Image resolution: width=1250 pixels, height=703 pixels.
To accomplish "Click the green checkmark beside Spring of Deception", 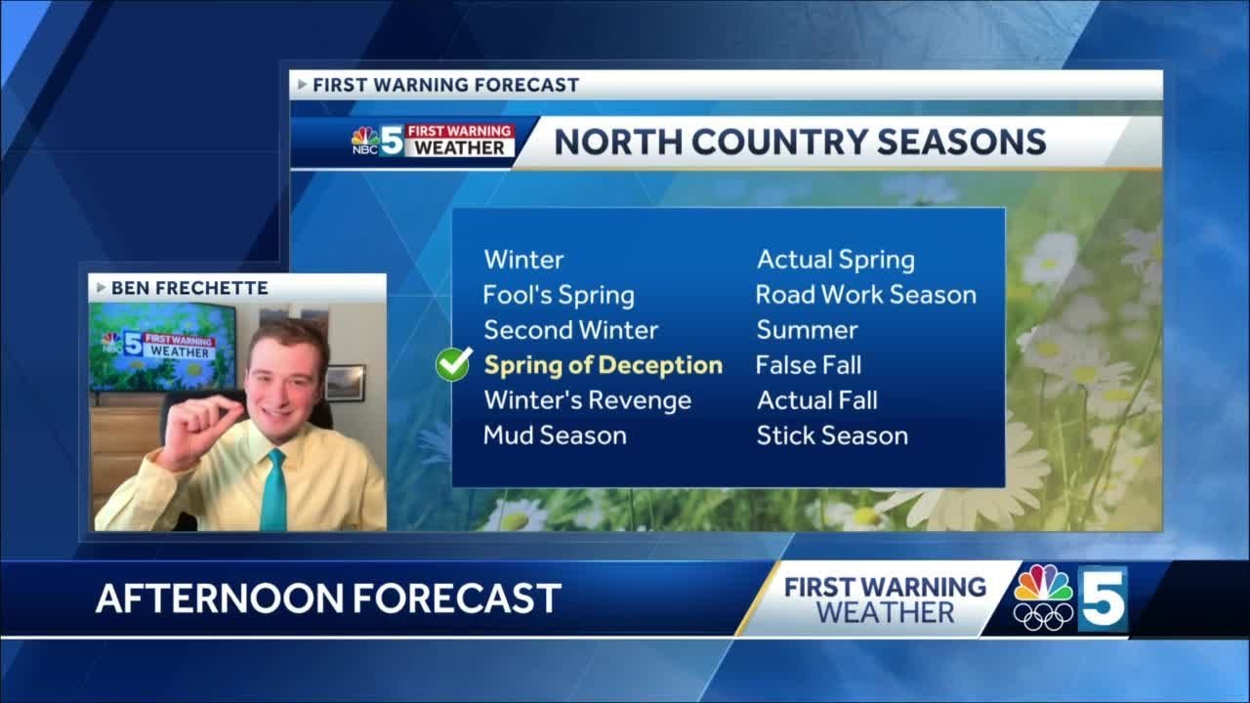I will pyautogui.click(x=454, y=365).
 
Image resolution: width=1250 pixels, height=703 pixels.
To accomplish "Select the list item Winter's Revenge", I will pyautogui.click(x=587, y=400).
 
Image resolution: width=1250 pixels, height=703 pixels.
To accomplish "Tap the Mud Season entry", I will pyautogui.click(x=555, y=435).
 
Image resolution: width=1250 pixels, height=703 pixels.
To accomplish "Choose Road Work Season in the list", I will pyautogui.click(x=865, y=295).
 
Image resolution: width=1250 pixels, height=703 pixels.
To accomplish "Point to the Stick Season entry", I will pyautogui.click(x=832, y=435).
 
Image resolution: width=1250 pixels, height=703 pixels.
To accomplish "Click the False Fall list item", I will pyautogui.click(x=809, y=365).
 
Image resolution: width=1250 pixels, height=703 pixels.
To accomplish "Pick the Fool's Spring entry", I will pyautogui.click(x=559, y=295).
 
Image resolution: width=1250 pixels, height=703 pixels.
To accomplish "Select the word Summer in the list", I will pyautogui.click(x=807, y=330).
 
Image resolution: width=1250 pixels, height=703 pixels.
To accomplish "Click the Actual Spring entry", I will pyautogui.click(x=836, y=260).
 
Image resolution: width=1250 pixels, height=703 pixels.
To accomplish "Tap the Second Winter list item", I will pyautogui.click(x=571, y=330).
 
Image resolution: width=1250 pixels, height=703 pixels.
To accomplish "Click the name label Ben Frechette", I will pyautogui.click(x=189, y=288).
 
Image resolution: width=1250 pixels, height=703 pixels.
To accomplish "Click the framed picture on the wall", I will pyautogui.click(x=345, y=382).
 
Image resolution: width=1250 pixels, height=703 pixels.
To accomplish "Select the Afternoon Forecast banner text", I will pyautogui.click(x=328, y=598).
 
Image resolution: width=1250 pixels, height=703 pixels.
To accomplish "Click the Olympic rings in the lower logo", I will pyautogui.click(x=1043, y=616).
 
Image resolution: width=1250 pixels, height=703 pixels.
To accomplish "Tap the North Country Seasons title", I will pyautogui.click(x=800, y=143).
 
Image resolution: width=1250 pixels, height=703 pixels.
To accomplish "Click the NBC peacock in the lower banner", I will pyautogui.click(x=1043, y=584).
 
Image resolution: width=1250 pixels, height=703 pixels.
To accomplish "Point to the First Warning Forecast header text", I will pyautogui.click(x=445, y=85).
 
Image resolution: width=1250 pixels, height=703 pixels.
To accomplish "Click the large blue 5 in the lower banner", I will pyautogui.click(x=1102, y=598).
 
